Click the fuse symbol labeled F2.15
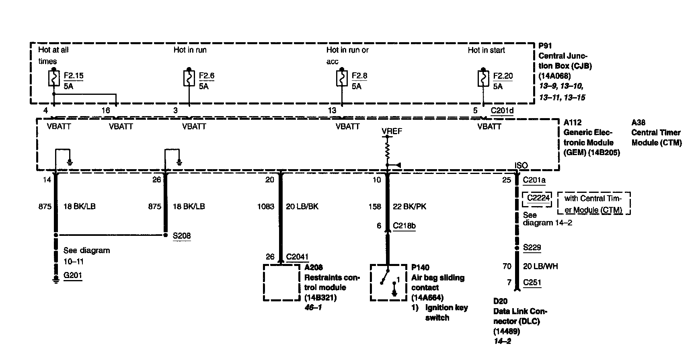pyautogui.click(x=54, y=79)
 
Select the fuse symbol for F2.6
pyautogui.click(x=189, y=79)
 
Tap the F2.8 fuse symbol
pyautogui.click(x=342, y=79)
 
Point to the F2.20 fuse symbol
pyautogui.click(x=483, y=79)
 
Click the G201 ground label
pyautogui.click(x=73, y=276)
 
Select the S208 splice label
pyautogui.click(x=182, y=236)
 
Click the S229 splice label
pyautogui.click(x=532, y=247)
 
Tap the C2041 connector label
pyautogui.click(x=297, y=257)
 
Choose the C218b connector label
pyautogui.click(x=404, y=226)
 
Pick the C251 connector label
pyautogui.click(x=532, y=282)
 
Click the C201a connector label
pyautogui.click(x=534, y=180)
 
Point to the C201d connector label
pyautogui.click(x=502, y=110)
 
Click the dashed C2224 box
pyautogui.click(x=538, y=199)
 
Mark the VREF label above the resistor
pyautogui.click(x=392, y=131)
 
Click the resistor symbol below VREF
pyautogui.click(x=387, y=151)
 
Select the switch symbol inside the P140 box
pyautogui.click(x=386, y=277)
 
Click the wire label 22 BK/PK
pyautogui.click(x=409, y=207)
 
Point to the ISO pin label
pyautogui.click(x=521, y=166)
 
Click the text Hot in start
pyautogui.click(x=486, y=50)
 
